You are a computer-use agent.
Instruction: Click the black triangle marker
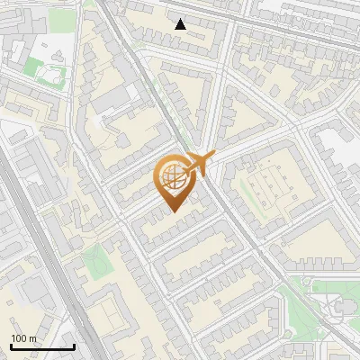click(x=181, y=24)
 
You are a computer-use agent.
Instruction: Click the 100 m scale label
click(x=23, y=338)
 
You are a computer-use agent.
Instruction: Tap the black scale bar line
click(x=41, y=346)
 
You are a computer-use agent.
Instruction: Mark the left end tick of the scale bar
click(x=10, y=346)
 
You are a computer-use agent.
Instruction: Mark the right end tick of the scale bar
click(x=74, y=346)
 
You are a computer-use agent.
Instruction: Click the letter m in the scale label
click(x=32, y=338)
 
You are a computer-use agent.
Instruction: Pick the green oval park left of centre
click(x=94, y=262)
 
